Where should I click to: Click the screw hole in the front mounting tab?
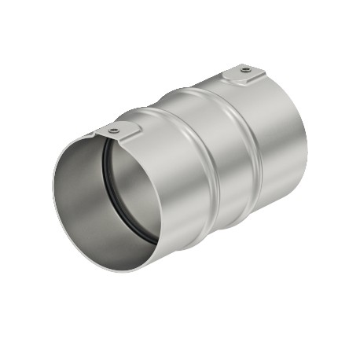[x=115, y=130]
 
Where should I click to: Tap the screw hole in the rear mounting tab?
[x=247, y=70]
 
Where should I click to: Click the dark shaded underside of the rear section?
[x=267, y=197]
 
